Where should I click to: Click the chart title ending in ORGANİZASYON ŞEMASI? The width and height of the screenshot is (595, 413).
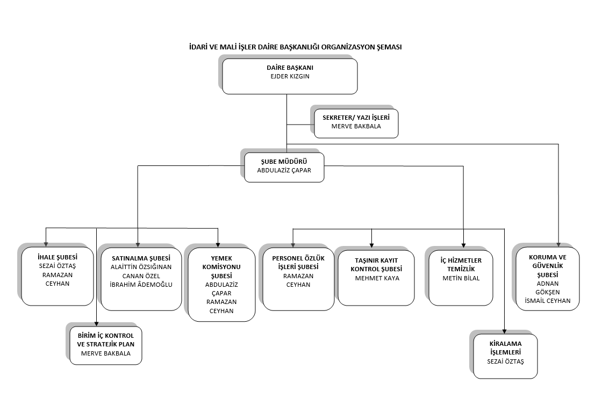click(295, 47)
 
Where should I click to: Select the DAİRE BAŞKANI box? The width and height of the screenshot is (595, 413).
click(290, 76)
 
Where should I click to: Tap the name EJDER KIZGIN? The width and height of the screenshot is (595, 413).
click(290, 76)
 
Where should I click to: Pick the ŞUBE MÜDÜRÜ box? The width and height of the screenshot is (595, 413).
click(284, 167)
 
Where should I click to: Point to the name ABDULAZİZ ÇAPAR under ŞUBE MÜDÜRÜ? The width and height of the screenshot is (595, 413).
click(284, 170)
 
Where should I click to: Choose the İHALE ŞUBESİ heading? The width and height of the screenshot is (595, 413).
click(58, 257)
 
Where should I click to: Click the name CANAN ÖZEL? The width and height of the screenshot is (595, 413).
click(141, 276)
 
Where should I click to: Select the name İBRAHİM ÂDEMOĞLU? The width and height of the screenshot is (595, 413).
click(141, 285)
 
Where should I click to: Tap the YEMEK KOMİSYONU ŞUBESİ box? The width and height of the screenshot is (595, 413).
click(221, 285)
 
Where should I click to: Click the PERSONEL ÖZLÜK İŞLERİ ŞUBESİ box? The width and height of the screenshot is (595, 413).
click(298, 279)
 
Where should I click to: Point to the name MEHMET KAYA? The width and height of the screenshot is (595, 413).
click(377, 278)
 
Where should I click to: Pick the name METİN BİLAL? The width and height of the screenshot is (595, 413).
click(461, 278)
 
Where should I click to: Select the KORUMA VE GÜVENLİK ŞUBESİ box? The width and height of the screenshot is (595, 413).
click(548, 279)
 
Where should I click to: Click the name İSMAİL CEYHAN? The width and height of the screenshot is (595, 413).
click(548, 301)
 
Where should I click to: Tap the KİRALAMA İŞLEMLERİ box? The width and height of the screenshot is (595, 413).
click(505, 356)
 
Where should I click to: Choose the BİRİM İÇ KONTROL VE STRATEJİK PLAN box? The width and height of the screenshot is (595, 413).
click(106, 345)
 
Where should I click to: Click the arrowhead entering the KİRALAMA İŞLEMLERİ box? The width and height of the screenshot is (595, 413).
click(504, 331)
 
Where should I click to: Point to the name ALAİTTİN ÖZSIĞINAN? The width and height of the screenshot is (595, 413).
click(141, 267)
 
